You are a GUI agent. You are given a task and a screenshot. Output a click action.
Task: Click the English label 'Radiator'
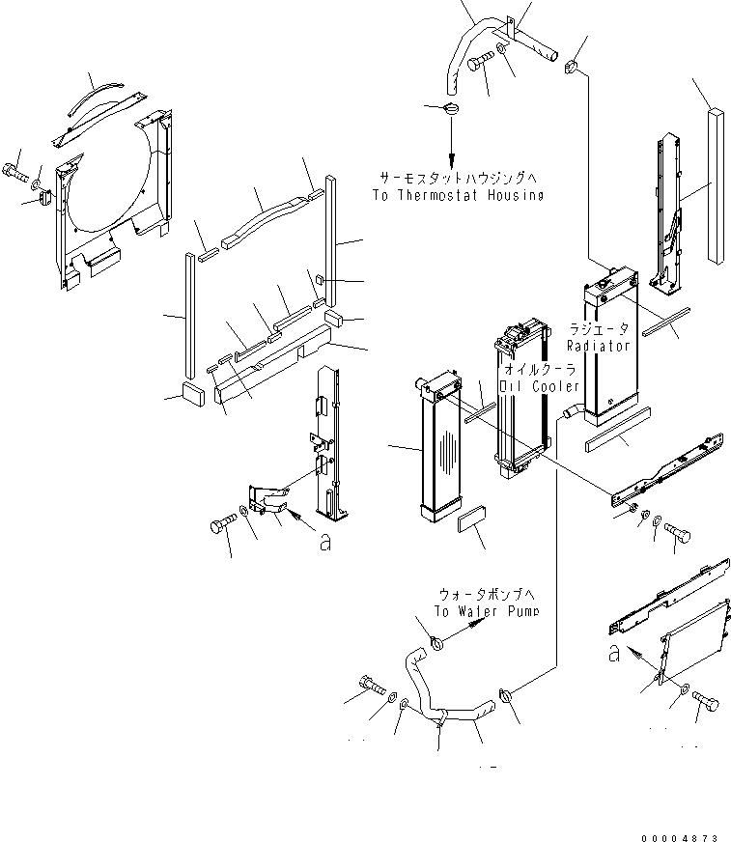tap(599, 345)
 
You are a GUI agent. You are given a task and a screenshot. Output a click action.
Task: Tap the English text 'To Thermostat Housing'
tap(457, 195)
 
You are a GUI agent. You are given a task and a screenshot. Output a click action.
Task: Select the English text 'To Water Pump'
tap(486, 611)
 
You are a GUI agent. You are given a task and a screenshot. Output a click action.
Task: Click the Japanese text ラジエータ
tap(599, 329)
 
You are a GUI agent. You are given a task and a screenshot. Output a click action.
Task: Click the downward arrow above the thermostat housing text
tap(451, 145)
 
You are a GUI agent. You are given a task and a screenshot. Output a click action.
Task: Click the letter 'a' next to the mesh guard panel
tap(614, 654)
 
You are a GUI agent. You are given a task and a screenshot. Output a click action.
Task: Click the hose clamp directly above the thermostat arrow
tap(451, 108)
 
